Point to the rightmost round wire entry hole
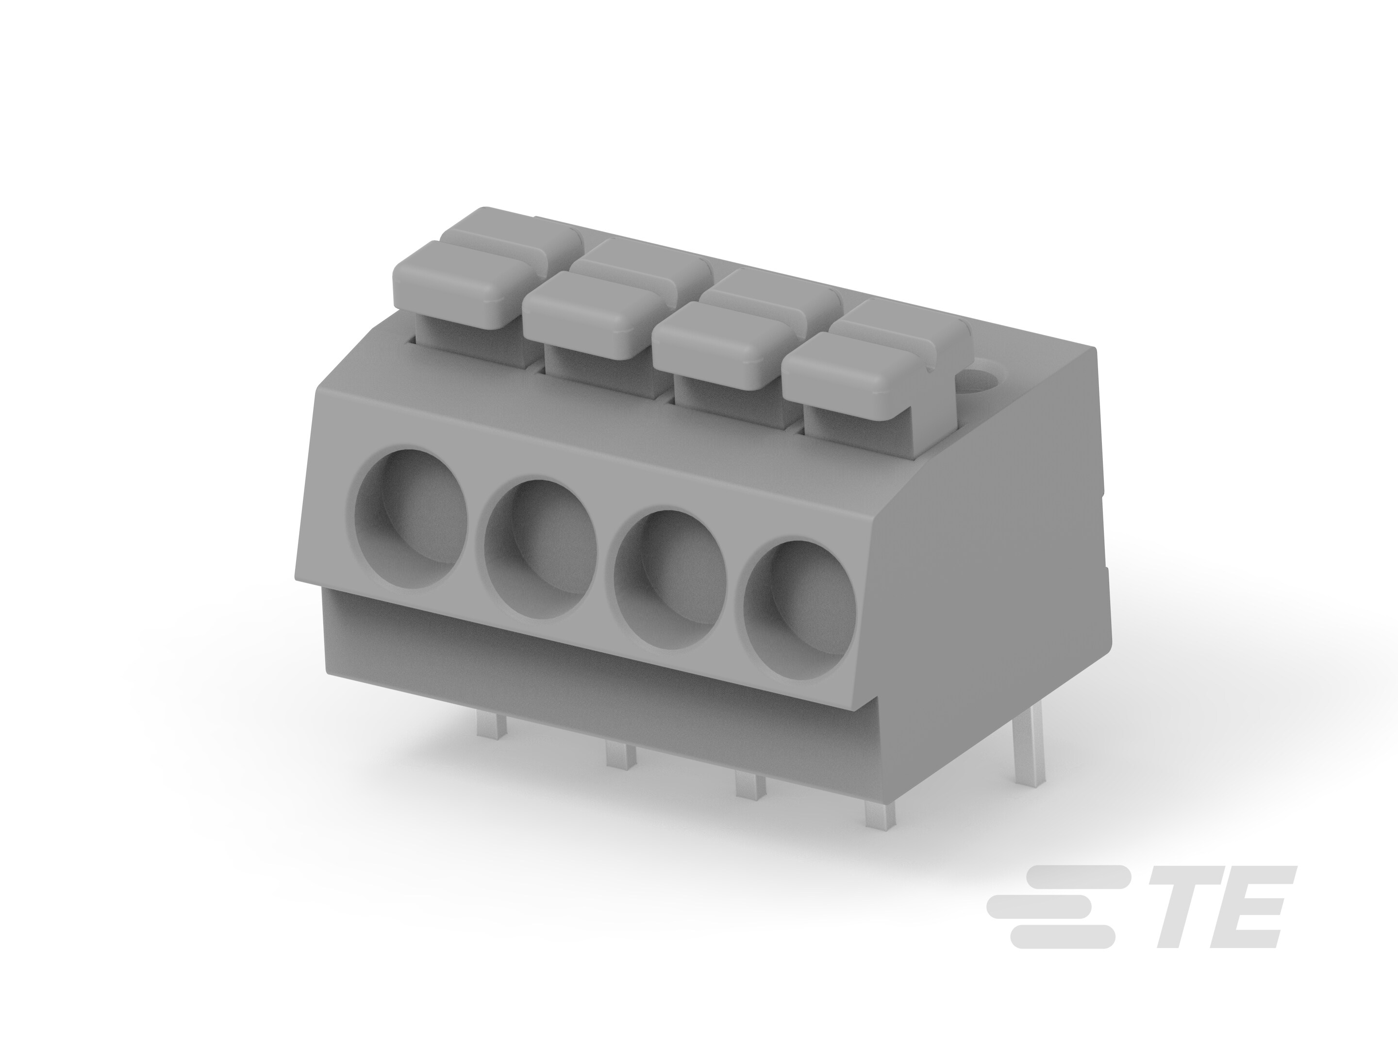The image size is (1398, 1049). pyautogui.click(x=799, y=610)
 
